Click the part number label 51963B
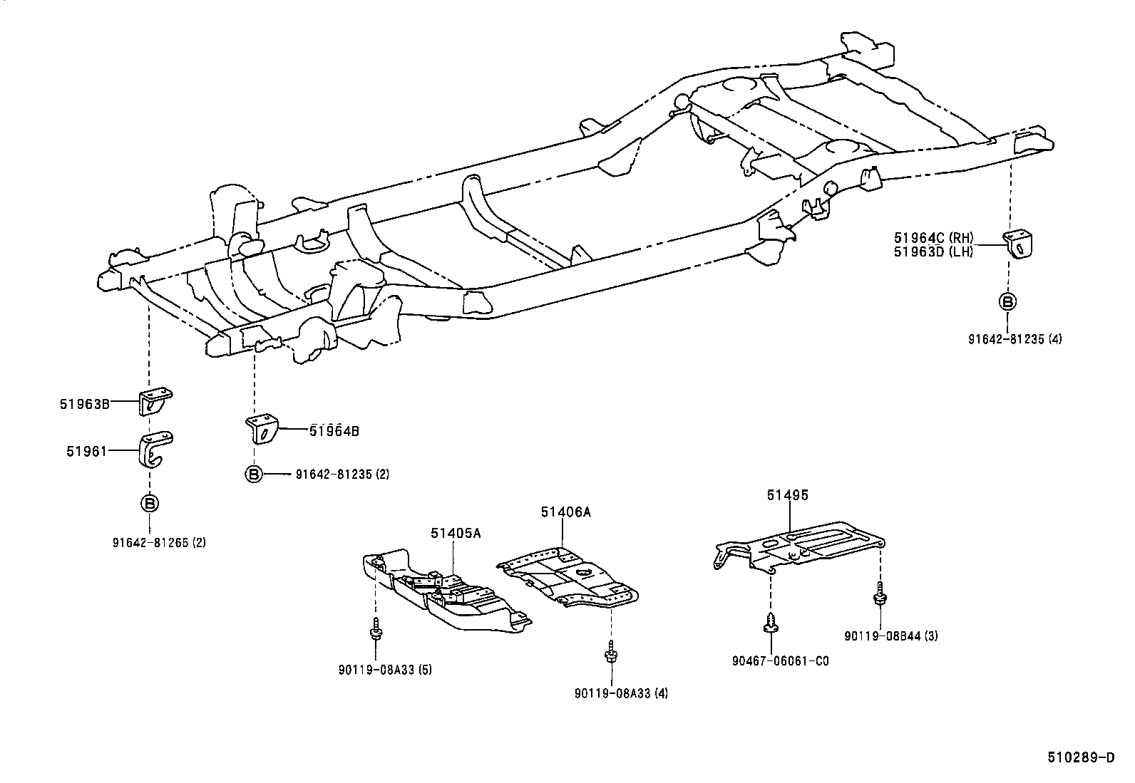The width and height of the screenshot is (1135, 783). pyautogui.click(x=84, y=404)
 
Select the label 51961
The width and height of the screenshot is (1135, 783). pyautogui.click(x=86, y=451)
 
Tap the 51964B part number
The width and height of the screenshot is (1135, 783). pyautogui.click(x=334, y=430)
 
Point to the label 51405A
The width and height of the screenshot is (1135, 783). pyautogui.click(x=455, y=533)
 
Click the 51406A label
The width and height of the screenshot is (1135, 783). pyautogui.click(x=565, y=512)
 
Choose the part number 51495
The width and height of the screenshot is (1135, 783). pyautogui.click(x=788, y=494)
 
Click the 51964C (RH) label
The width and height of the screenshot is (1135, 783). pyautogui.click(x=933, y=238)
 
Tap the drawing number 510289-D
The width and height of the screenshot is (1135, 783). pyautogui.click(x=1080, y=758)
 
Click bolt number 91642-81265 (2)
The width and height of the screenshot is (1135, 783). pyautogui.click(x=159, y=542)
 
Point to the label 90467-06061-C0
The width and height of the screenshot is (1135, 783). pyautogui.click(x=780, y=660)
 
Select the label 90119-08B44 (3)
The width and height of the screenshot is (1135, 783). pyautogui.click(x=891, y=636)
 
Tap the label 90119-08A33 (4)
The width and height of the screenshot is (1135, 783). pyautogui.click(x=621, y=693)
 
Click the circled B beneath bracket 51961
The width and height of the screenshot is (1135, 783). pyautogui.click(x=150, y=504)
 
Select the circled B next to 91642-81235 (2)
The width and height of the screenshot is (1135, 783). pyautogui.click(x=254, y=474)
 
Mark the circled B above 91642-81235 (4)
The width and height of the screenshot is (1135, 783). pyautogui.click(x=1007, y=301)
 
